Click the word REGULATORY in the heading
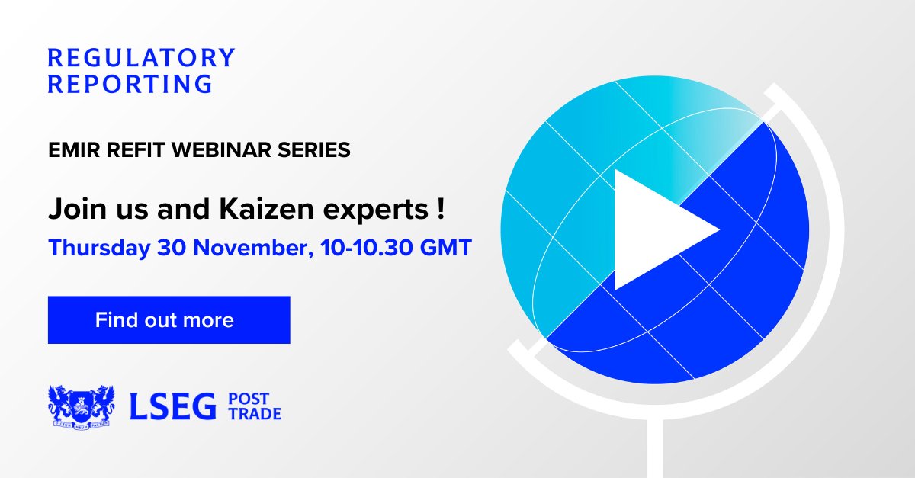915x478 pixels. (141, 58)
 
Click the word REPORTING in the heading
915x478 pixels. (130, 84)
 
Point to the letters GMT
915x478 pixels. (447, 248)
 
